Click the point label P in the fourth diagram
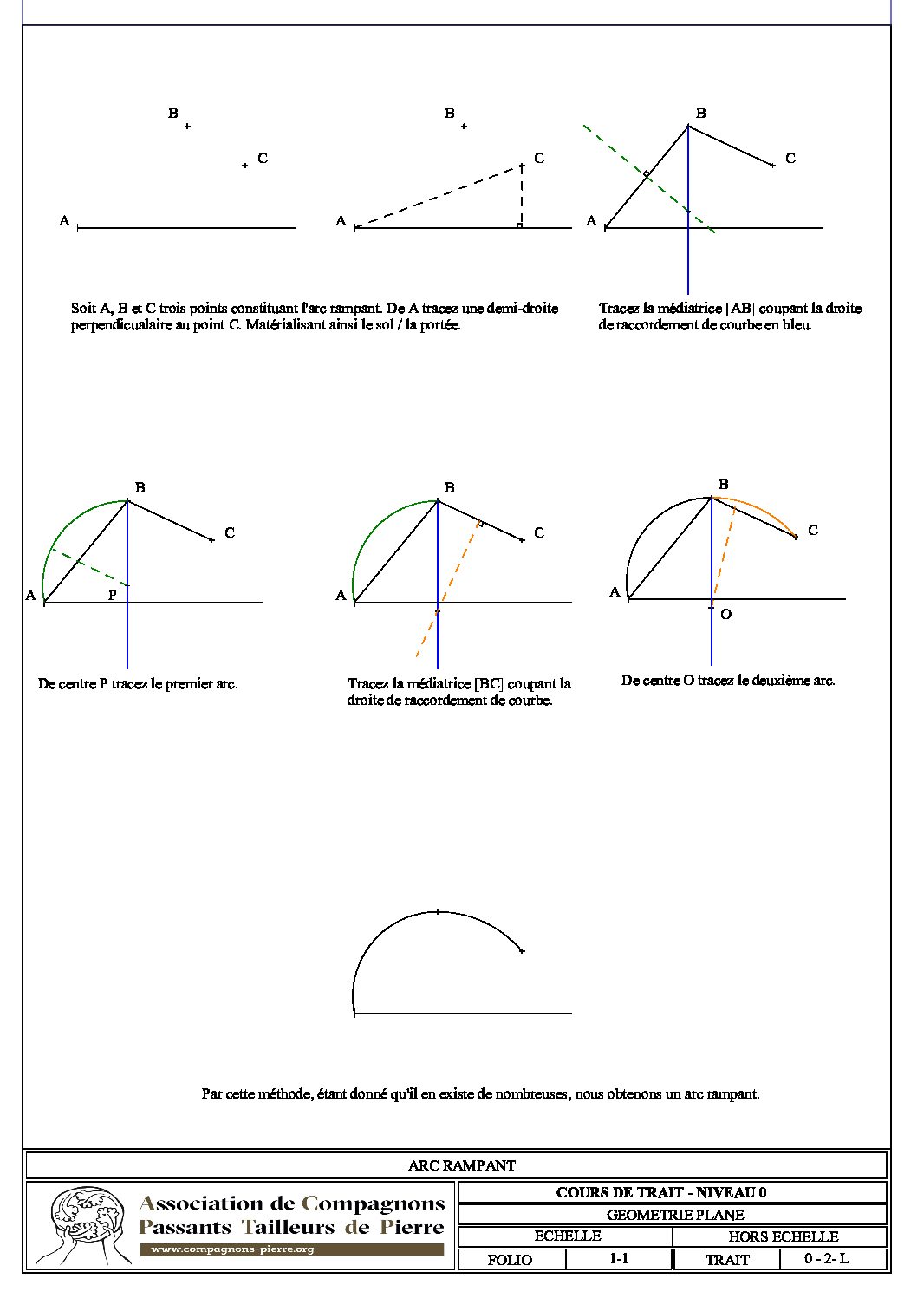pos(112,595)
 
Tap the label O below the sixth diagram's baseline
pos(725,614)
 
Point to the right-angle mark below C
pos(518,225)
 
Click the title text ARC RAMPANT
pos(461,1165)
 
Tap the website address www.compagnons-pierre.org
pos(232,1249)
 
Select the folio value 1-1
pos(619,1258)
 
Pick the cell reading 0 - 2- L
pos(826,1258)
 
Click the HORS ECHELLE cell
pos(783,1236)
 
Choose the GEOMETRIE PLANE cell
pos(674,1215)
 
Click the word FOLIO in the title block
pos(510,1260)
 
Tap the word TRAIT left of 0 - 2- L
pos(727,1260)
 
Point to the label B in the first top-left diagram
pos(173,113)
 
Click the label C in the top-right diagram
pos(790,158)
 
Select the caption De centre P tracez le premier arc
pos(138,683)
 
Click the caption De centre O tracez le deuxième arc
pos(728,681)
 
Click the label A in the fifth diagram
pos(341,595)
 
